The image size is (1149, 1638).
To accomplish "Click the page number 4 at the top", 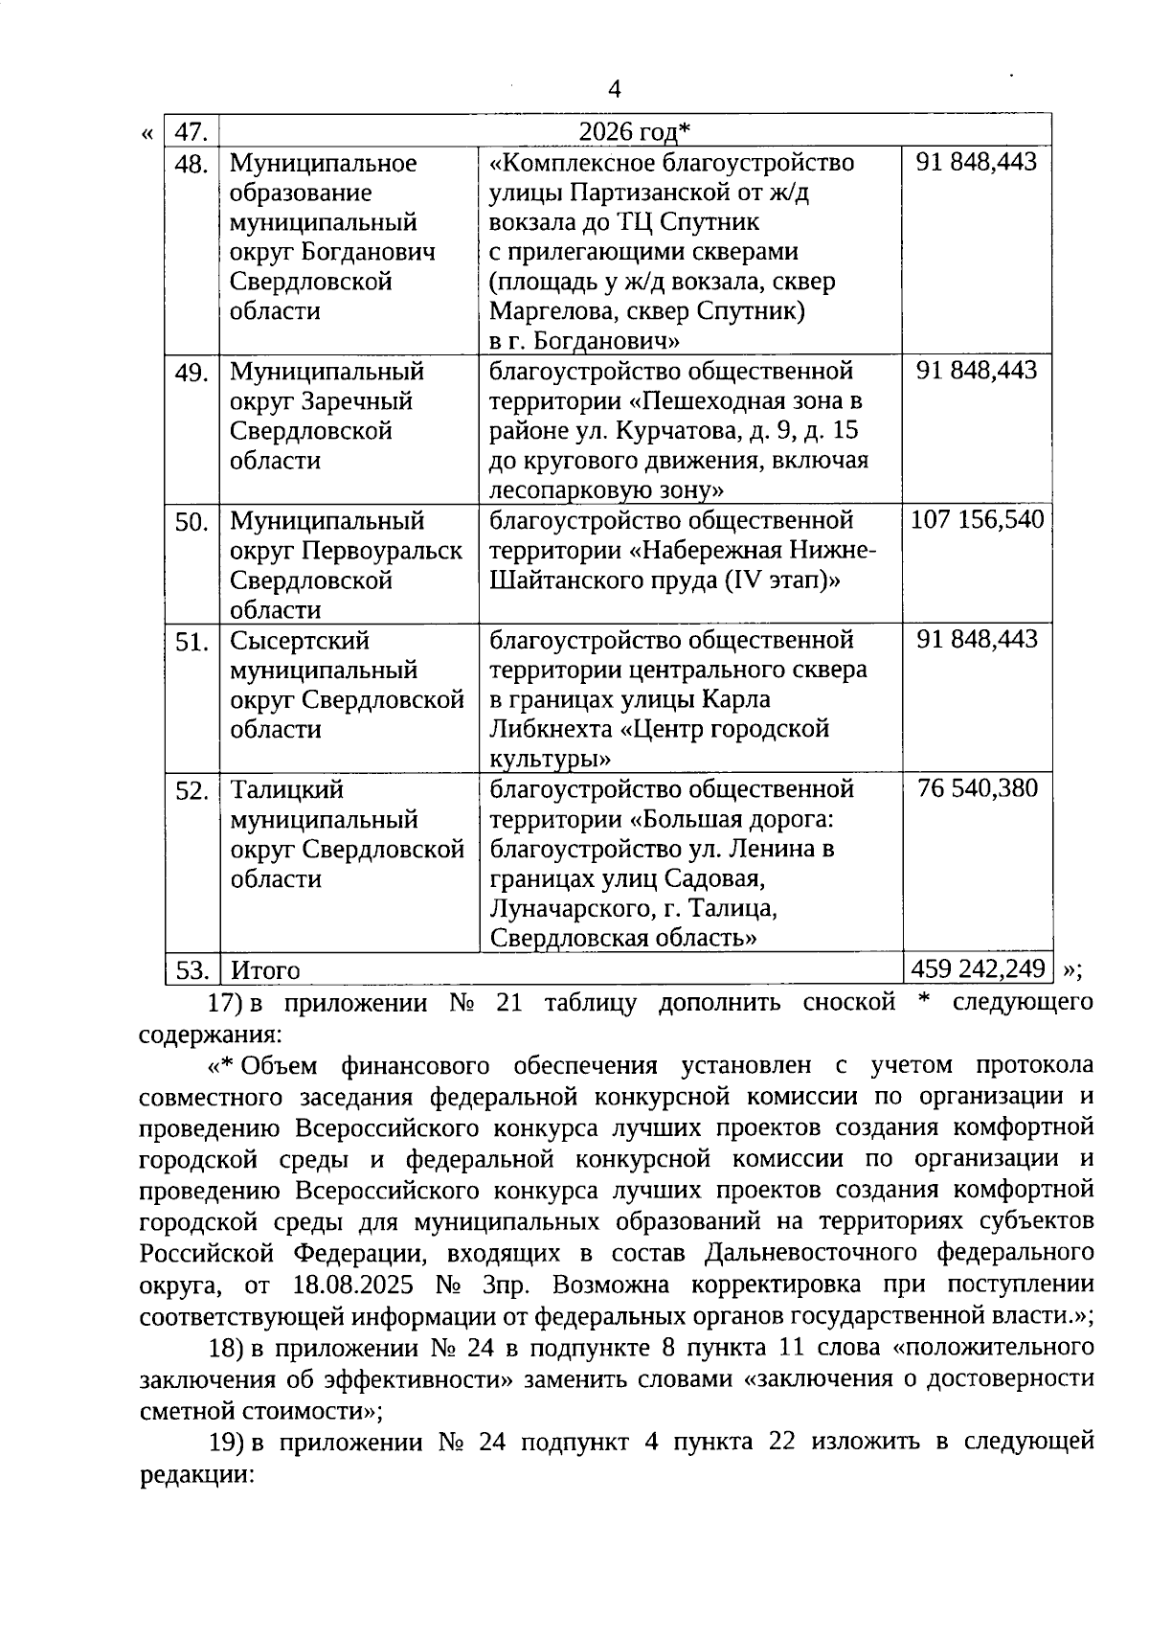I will tap(615, 89).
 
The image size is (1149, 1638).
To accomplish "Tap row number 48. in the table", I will tap(191, 164).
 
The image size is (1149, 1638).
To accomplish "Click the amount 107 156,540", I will tap(977, 520).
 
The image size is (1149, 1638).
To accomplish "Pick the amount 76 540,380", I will tap(977, 788).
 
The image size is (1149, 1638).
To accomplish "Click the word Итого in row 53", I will tap(265, 970).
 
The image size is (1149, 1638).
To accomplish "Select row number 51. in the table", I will tap(191, 641).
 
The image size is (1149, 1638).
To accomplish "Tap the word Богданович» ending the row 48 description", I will tap(606, 341).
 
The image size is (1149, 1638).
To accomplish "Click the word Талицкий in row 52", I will tap(286, 790).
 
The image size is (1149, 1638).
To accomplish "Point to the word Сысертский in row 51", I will tap(299, 640).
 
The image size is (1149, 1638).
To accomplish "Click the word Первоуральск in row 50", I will tap(382, 551).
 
